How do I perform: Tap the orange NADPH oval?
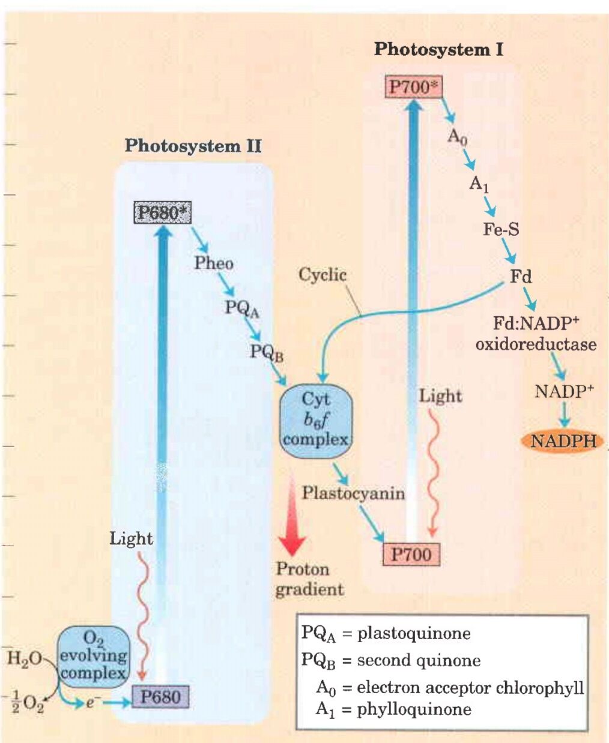[563, 442]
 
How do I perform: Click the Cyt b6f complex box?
[316, 418]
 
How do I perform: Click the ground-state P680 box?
[160, 697]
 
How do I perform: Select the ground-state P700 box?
[411, 554]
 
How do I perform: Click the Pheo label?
[213, 263]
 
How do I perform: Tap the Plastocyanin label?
[353, 493]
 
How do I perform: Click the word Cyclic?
[323, 275]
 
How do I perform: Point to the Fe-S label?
[501, 229]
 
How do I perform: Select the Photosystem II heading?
[193, 146]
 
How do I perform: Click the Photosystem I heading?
[438, 49]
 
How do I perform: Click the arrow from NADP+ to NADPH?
[563, 414]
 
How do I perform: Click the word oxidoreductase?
[536, 344]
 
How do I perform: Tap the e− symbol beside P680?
[90, 701]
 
